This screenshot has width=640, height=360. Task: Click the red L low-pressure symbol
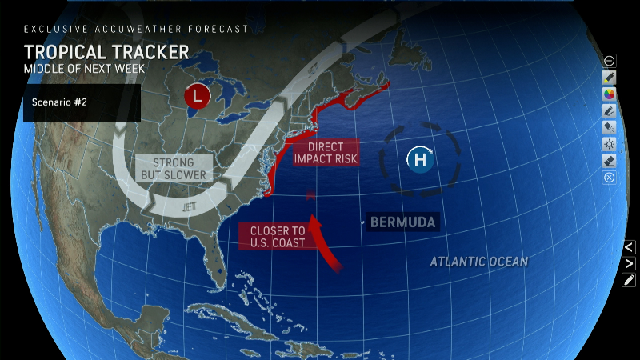coord(197,97)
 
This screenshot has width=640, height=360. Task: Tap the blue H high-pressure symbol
coord(420,160)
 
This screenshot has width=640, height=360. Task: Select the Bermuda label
coord(403,222)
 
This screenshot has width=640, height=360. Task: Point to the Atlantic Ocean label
coord(478,262)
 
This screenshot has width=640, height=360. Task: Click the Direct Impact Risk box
coord(326,153)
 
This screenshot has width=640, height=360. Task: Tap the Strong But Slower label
coord(174,169)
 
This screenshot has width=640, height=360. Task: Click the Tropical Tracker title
coord(106,52)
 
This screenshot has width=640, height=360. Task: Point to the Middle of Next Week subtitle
coord(84,69)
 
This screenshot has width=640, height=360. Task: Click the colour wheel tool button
coord(609,94)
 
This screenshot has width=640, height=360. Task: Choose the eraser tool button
coord(609,161)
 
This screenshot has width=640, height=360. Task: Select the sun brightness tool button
coord(609,144)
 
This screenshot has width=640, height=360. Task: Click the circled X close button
coord(609,178)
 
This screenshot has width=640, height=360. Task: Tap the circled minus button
coord(609,60)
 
